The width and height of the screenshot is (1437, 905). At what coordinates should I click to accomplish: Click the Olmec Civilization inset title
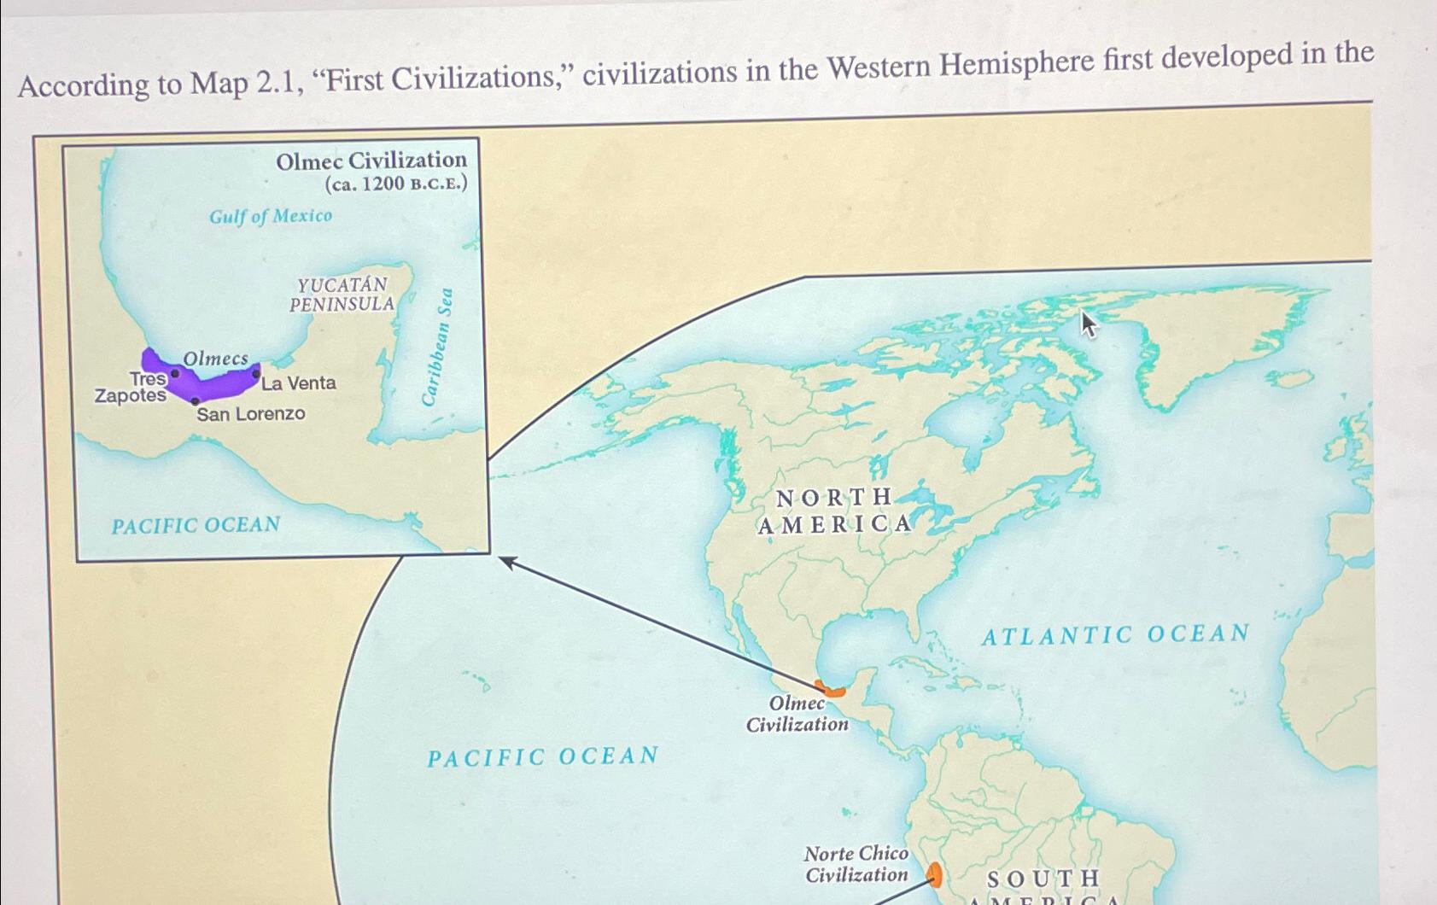[x=371, y=161]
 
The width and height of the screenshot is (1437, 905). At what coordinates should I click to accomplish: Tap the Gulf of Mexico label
[x=271, y=216]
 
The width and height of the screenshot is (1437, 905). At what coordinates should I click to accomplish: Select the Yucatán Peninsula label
[x=342, y=295]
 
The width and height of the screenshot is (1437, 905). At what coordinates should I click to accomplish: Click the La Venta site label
[x=299, y=383]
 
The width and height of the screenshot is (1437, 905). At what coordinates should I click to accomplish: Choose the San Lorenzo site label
[x=250, y=414]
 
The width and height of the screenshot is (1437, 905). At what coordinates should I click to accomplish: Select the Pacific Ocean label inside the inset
[x=196, y=525]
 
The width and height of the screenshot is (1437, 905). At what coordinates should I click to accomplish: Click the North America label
[x=834, y=511]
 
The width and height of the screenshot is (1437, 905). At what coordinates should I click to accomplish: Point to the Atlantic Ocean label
[x=1114, y=634]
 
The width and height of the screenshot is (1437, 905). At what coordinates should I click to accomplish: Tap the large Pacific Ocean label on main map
[x=543, y=756]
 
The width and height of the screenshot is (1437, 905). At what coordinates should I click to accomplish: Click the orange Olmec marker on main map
[x=829, y=689]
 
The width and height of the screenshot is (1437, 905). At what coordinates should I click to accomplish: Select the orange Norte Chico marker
[x=934, y=874]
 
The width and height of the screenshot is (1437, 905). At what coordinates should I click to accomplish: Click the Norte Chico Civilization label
[x=856, y=864]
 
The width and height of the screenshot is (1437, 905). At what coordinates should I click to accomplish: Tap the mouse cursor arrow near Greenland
[x=1088, y=324]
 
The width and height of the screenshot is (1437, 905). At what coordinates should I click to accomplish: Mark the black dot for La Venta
[x=256, y=373]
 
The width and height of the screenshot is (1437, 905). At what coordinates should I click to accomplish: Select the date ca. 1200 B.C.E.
[x=396, y=184]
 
